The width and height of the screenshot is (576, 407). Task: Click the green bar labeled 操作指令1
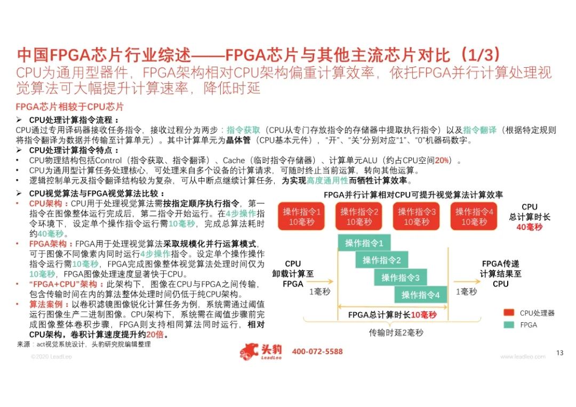[x=364, y=243]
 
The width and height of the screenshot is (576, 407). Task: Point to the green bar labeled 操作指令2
[x=382, y=260]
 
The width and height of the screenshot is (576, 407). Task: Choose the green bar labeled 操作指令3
[x=400, y=277]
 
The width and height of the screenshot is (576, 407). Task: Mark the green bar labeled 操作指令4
[x=420, y=294]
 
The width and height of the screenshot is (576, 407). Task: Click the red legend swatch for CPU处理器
[x=510, y=313]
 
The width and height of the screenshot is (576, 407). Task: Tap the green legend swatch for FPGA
[x=510, y=324]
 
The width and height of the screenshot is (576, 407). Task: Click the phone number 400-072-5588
[x=317, y=352]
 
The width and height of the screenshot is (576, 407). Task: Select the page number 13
[x=559, y=353]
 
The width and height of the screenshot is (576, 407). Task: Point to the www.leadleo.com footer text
[x=523, y=356]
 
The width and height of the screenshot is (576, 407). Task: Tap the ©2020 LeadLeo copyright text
[x=49, y=356]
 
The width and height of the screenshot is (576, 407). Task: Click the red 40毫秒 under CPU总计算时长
[x=529, y=227]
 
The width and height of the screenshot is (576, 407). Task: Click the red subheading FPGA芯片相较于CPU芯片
[x=70, y=107]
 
